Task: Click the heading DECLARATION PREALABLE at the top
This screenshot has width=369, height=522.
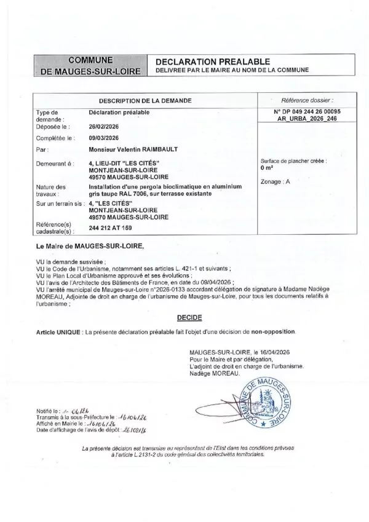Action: pyautogui.click(x=213, y=62)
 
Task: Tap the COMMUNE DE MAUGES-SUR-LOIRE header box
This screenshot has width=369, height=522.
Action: pyautogui.click(x=90, y=66)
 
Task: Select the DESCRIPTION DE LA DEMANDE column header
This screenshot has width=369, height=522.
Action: pyautogui.click(x=145, y=100)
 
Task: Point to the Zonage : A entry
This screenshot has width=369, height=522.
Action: pyautogui.click(x=275, y=182)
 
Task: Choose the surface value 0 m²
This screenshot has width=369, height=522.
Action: pyautogui.click(x=267, y=167)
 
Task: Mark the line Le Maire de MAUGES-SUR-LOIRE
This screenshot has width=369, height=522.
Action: pyautogui.click(x=89, y=245)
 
